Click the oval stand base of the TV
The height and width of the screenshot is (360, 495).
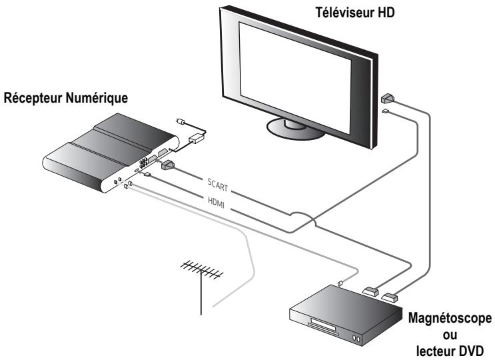pyautogui.click(x=293, y=127)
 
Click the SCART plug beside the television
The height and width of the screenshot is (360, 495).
pyautogui.click(x=388, y=98)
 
